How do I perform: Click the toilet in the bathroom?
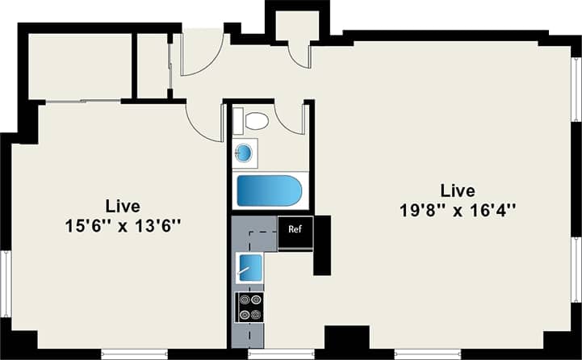click(x=255, y=122)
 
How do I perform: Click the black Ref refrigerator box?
click(x=295, y=229)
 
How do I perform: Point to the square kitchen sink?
click(x=249, y=267)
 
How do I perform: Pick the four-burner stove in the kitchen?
click(x=249, y=306)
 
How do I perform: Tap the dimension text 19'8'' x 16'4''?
click(x=458, y=211)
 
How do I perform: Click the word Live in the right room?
click(x=458, y=190)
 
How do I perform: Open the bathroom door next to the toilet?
click(x=291, y=119)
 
